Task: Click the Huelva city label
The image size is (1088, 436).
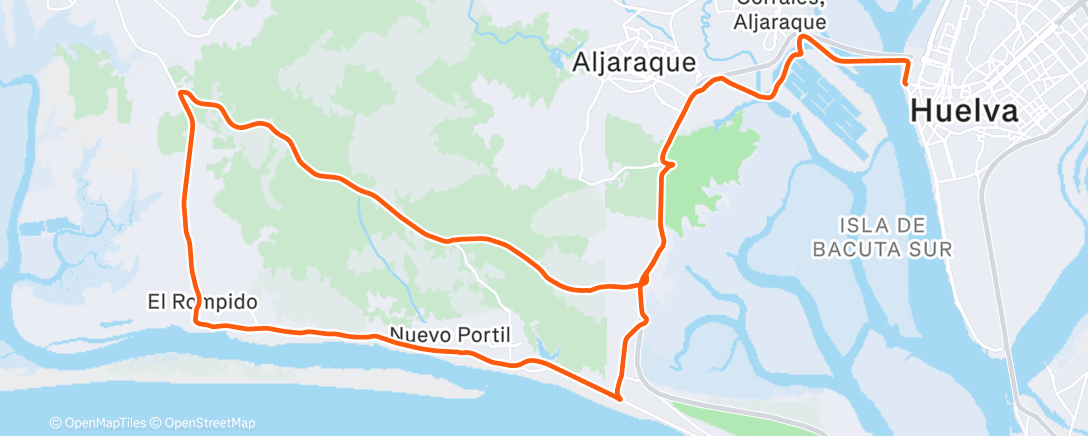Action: click(964, 111)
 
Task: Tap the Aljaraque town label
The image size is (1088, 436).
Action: click(634, 62)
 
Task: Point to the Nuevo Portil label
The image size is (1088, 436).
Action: click(450, 334)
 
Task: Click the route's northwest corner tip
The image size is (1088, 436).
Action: click(181, 93)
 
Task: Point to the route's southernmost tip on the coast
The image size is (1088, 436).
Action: click(619, 397)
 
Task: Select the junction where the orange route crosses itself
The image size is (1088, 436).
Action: click(641, 286)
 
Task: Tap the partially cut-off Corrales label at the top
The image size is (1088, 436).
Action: click(779, 8)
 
